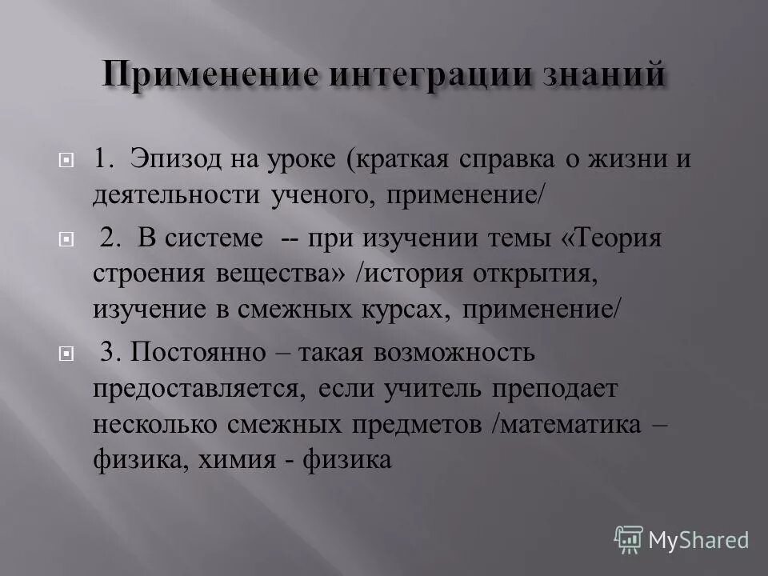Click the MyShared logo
682,539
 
